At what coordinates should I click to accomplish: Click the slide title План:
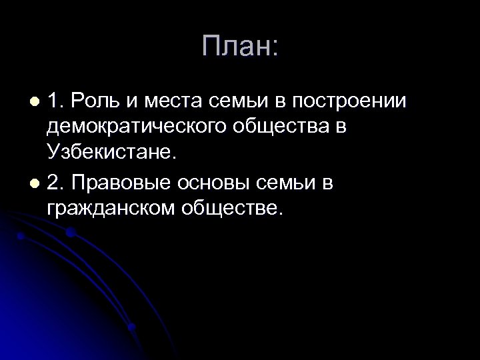[x=239, y=47]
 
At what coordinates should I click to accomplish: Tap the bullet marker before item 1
[x=37, y=102]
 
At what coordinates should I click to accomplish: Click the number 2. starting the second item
[x=56, y=182]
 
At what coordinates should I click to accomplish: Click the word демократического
[x=134, y=127]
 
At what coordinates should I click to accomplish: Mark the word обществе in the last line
[x=231, y=208]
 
